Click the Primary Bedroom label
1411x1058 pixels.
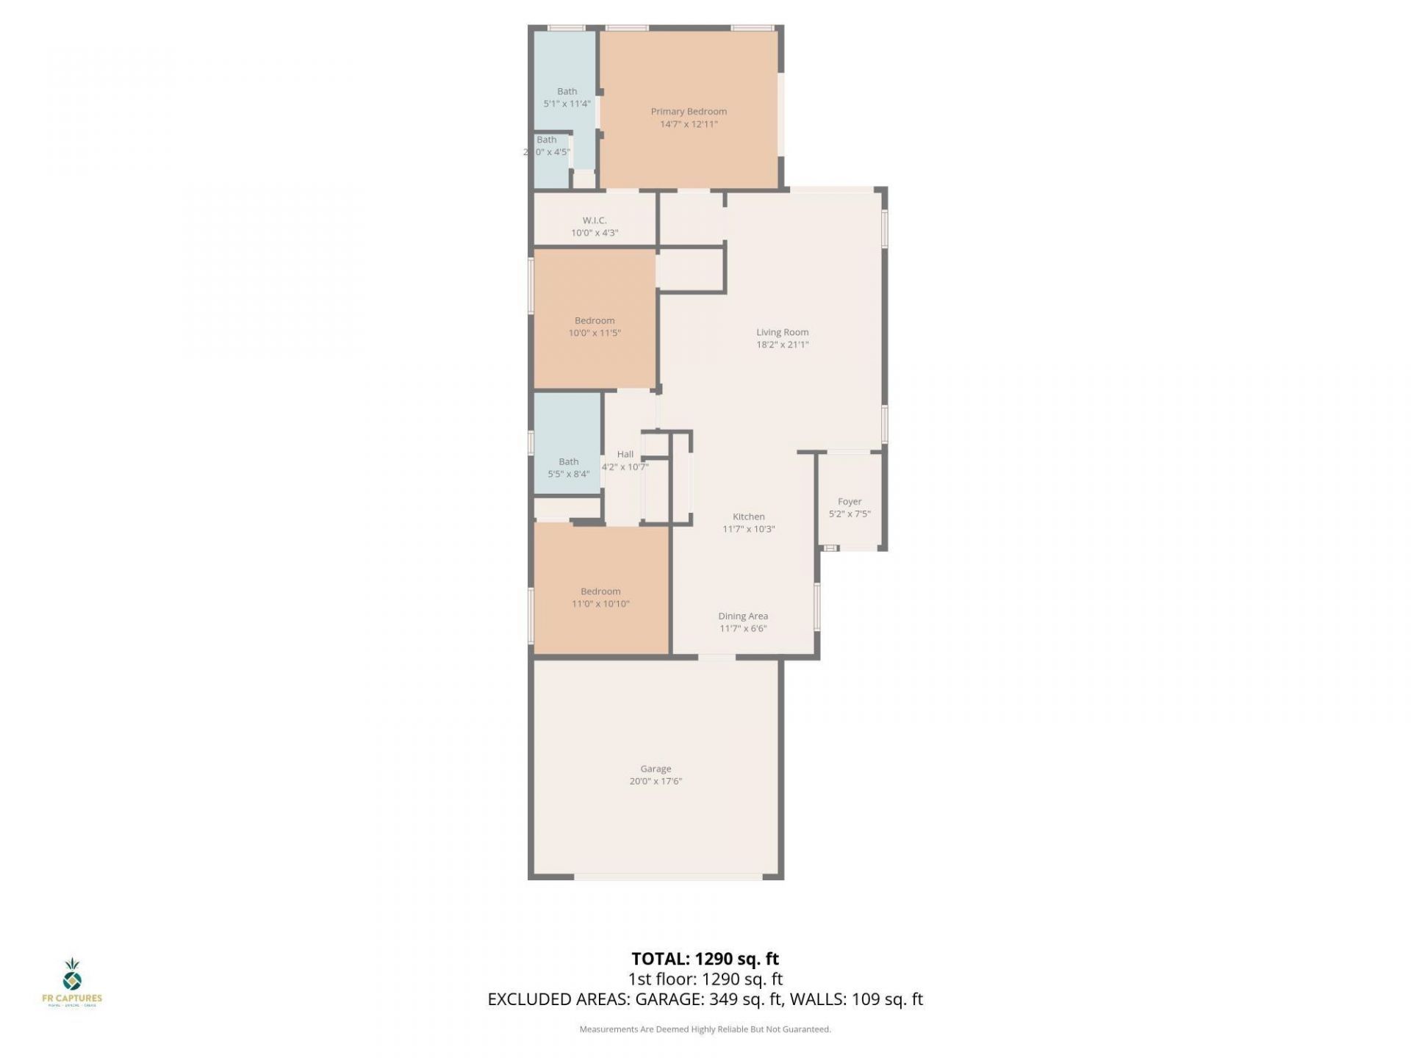(689, 112)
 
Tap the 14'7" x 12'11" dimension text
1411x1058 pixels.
(689, 124)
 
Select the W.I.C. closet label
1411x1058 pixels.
(595, 220)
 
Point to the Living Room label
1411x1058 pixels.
(783, 332)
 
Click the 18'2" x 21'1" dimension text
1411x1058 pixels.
(783, 345)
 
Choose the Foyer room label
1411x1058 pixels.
(850, 502)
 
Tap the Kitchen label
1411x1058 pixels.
(749, 517)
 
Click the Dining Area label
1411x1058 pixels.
(743, 616)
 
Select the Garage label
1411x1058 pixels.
(656, 769)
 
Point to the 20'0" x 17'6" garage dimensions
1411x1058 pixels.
(656, 781)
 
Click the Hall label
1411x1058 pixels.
(625, 454)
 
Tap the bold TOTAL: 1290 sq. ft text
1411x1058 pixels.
(705, 959)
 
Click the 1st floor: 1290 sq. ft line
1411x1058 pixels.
(705, 979)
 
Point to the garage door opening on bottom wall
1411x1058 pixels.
(668, 876)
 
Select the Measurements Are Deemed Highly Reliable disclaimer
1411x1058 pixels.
(705, 1029)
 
